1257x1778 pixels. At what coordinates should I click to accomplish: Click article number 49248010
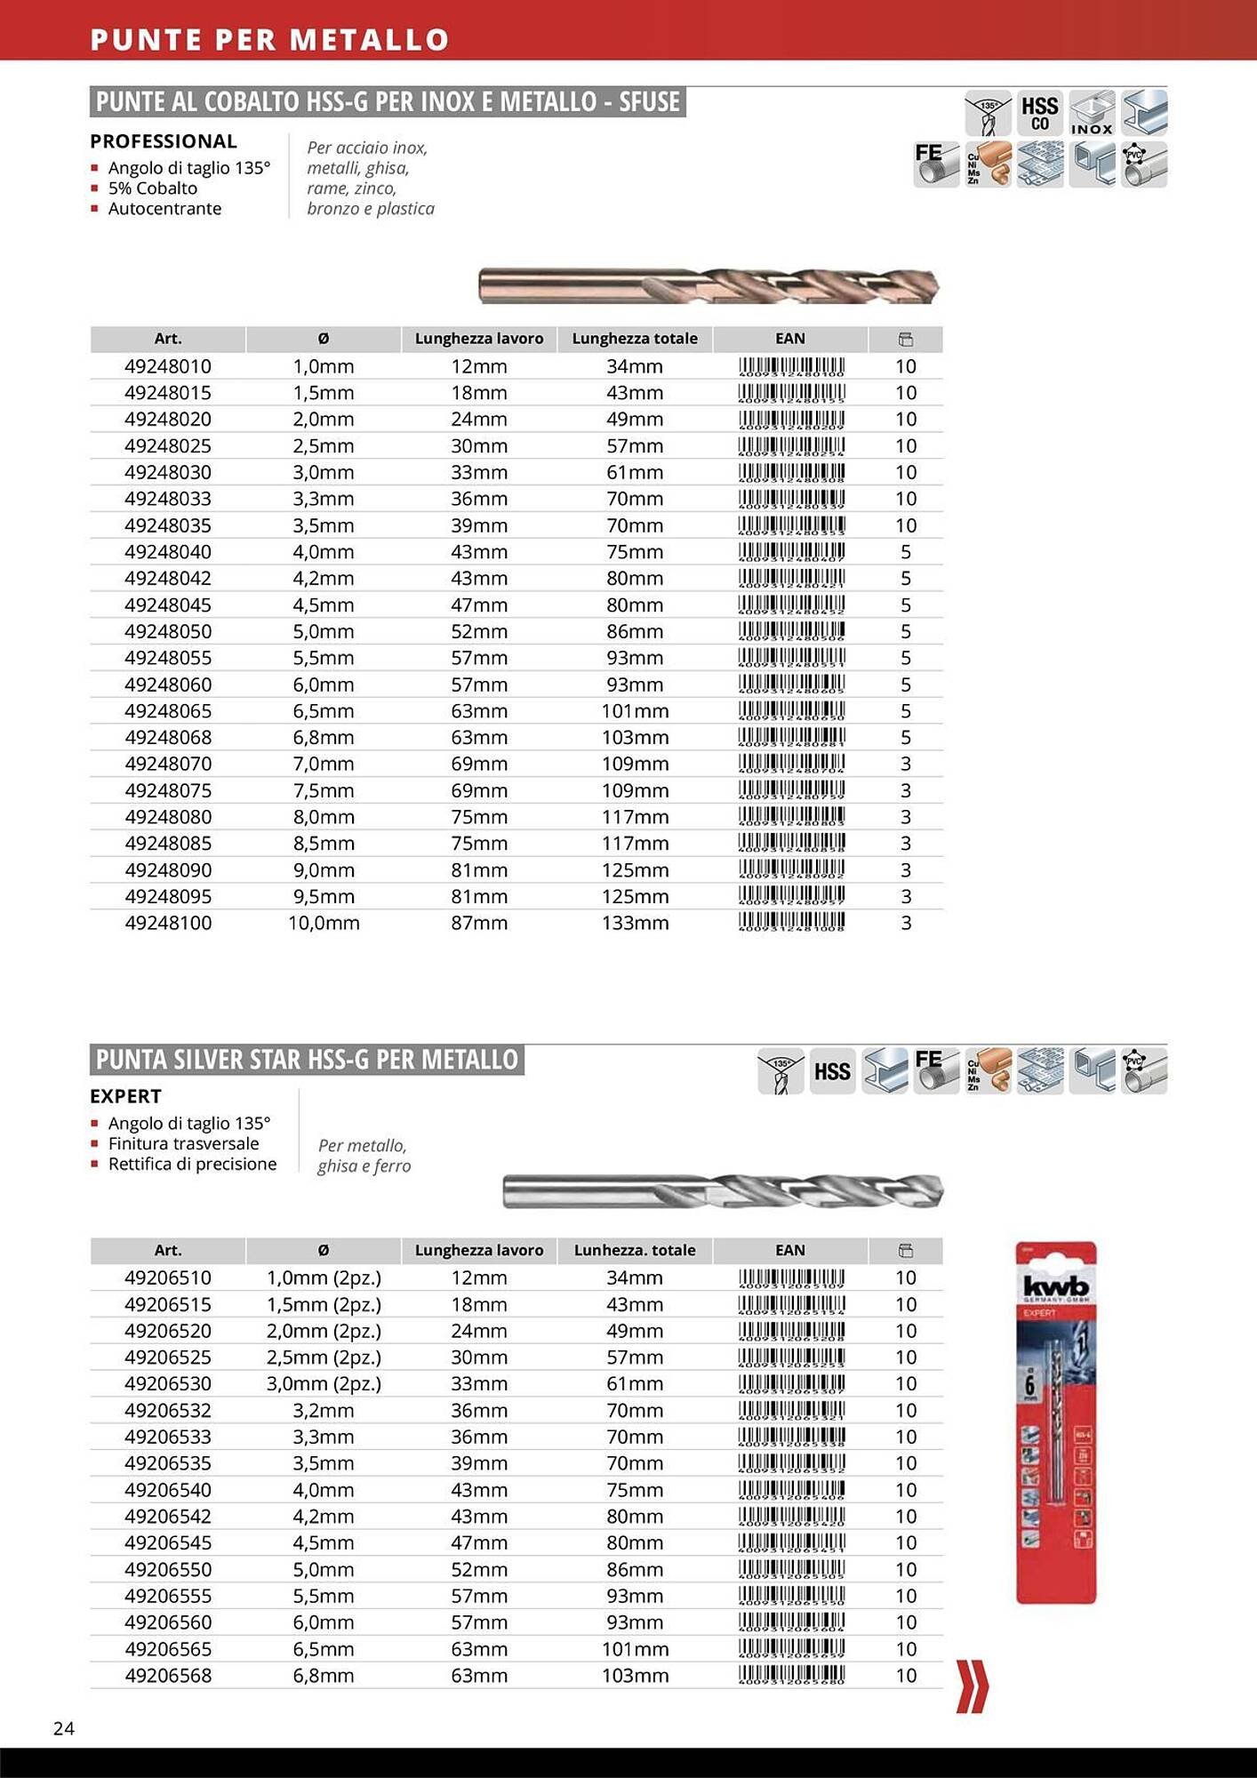pos(168,366)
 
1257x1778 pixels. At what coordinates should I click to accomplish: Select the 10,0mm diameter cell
pos(324,923)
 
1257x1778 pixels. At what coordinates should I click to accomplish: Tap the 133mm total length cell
pos(635,923)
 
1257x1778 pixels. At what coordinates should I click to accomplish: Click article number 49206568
pos(168,1676)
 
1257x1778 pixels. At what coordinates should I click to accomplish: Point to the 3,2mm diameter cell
pos(324,1411)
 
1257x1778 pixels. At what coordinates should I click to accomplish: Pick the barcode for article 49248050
pos(790,631)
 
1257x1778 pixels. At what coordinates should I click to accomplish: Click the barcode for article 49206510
pos(790,1278)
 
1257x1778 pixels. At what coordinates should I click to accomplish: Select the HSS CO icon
pos(1039,113)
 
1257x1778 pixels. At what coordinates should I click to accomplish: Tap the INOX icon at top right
pos(1092,113)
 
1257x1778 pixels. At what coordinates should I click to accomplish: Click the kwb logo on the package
pos(1055,1287)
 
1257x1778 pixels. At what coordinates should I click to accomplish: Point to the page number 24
pos(64,1728)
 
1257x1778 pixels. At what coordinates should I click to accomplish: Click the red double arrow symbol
pos(972,1686)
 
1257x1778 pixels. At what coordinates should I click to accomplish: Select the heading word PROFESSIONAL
pos(164,141)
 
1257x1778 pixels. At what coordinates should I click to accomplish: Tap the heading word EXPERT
pos(125,1096)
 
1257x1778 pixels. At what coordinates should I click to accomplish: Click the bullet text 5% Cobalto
pos(152,188)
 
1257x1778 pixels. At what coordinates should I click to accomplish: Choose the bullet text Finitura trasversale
pos(183,1143)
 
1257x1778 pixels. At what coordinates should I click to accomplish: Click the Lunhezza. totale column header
pos(635,1250)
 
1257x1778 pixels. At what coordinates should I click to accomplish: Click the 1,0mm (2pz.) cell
pos(324,1278)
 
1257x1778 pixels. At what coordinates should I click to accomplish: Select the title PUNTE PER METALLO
pos(269,40)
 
